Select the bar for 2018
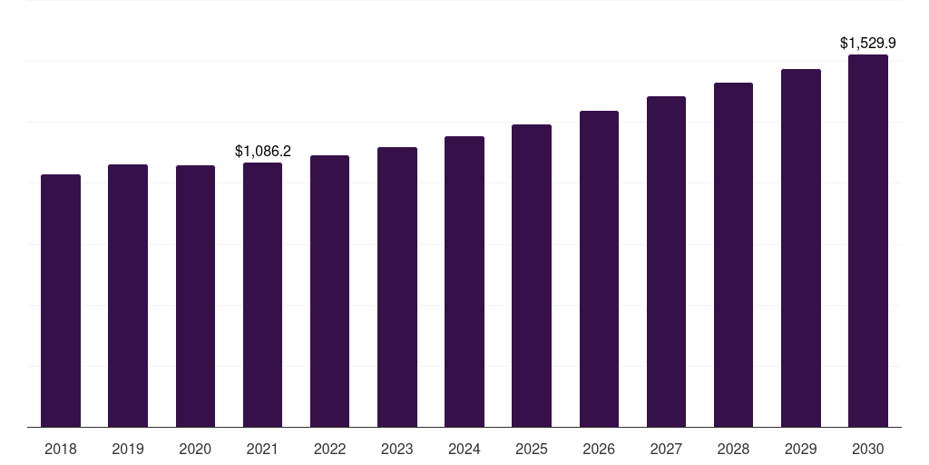61,301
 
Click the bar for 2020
196,296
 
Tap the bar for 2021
262,295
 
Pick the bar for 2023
397,287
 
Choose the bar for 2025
532,276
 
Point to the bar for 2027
666,262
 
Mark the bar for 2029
801,248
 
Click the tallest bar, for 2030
868,241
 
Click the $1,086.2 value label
263,152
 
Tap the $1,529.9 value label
868,44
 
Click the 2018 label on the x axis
61,450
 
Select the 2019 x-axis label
128,450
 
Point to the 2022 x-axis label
329,450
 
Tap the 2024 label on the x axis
464,450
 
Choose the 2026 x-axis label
599,450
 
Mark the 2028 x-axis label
733,450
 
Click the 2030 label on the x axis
868,450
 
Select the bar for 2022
329,292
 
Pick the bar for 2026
599,269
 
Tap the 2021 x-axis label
262,450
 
